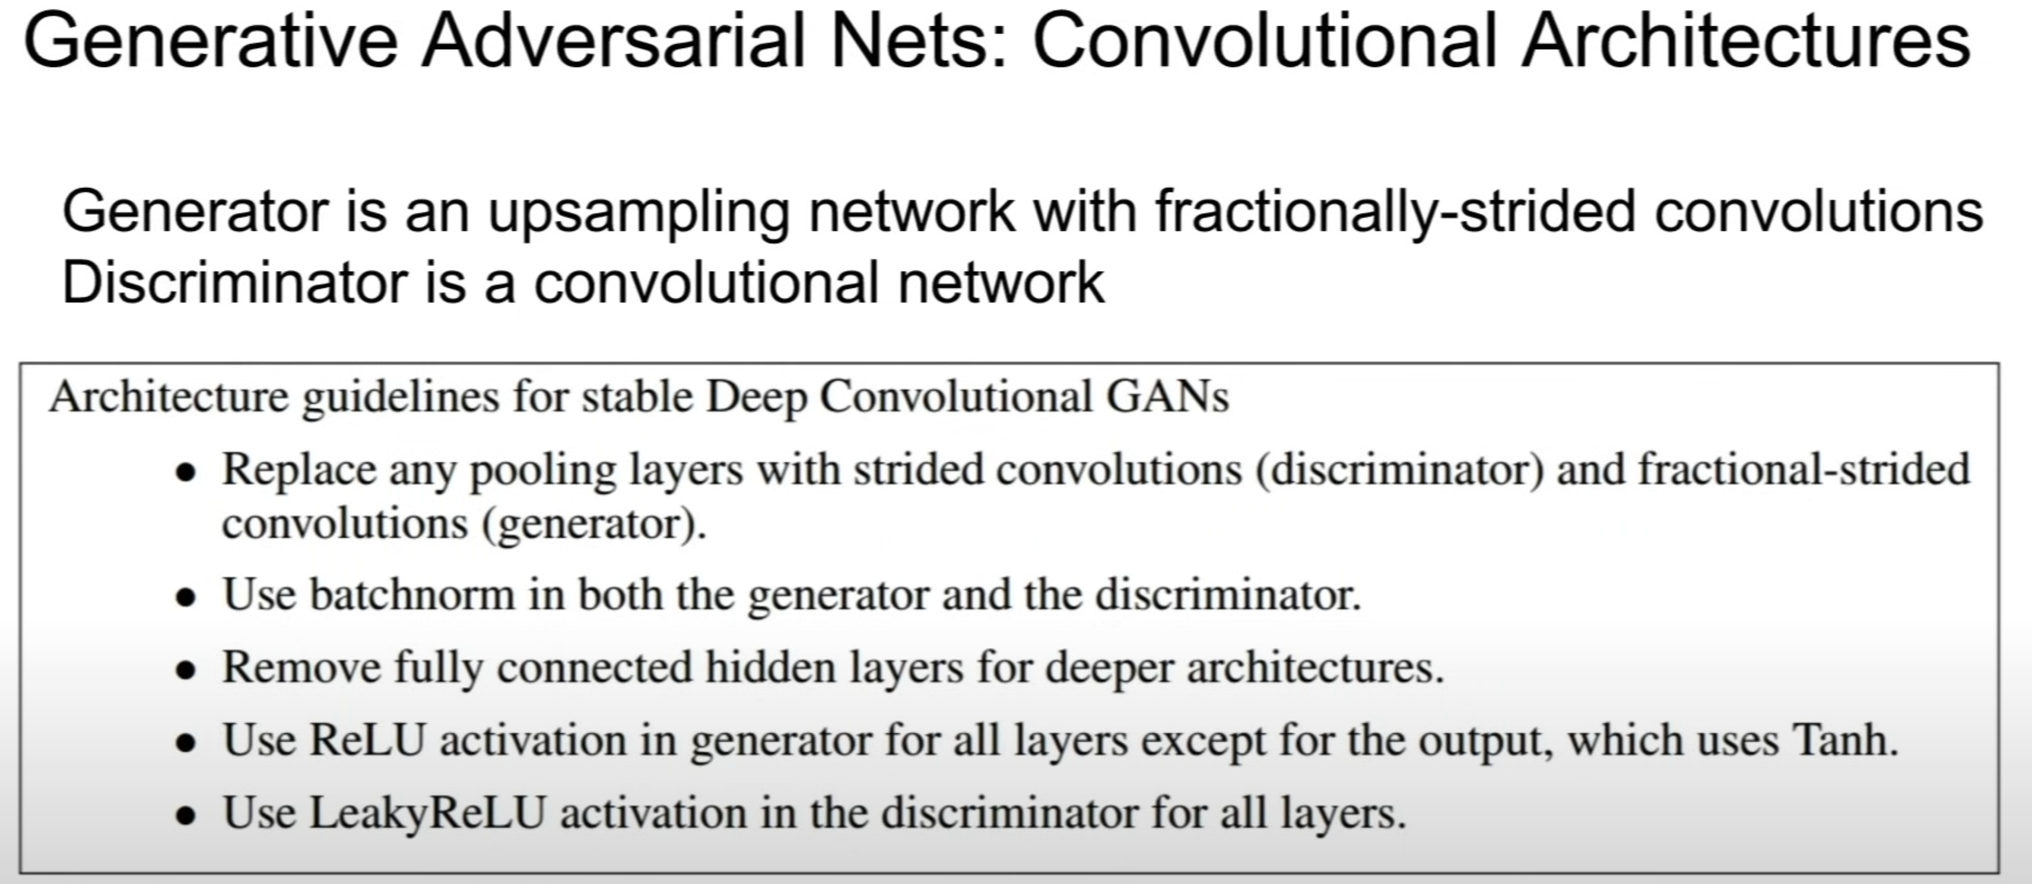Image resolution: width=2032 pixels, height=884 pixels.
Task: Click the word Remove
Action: click(x=301, y=667)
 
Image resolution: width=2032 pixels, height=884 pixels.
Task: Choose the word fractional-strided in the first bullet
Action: click(x=1804, y=470)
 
